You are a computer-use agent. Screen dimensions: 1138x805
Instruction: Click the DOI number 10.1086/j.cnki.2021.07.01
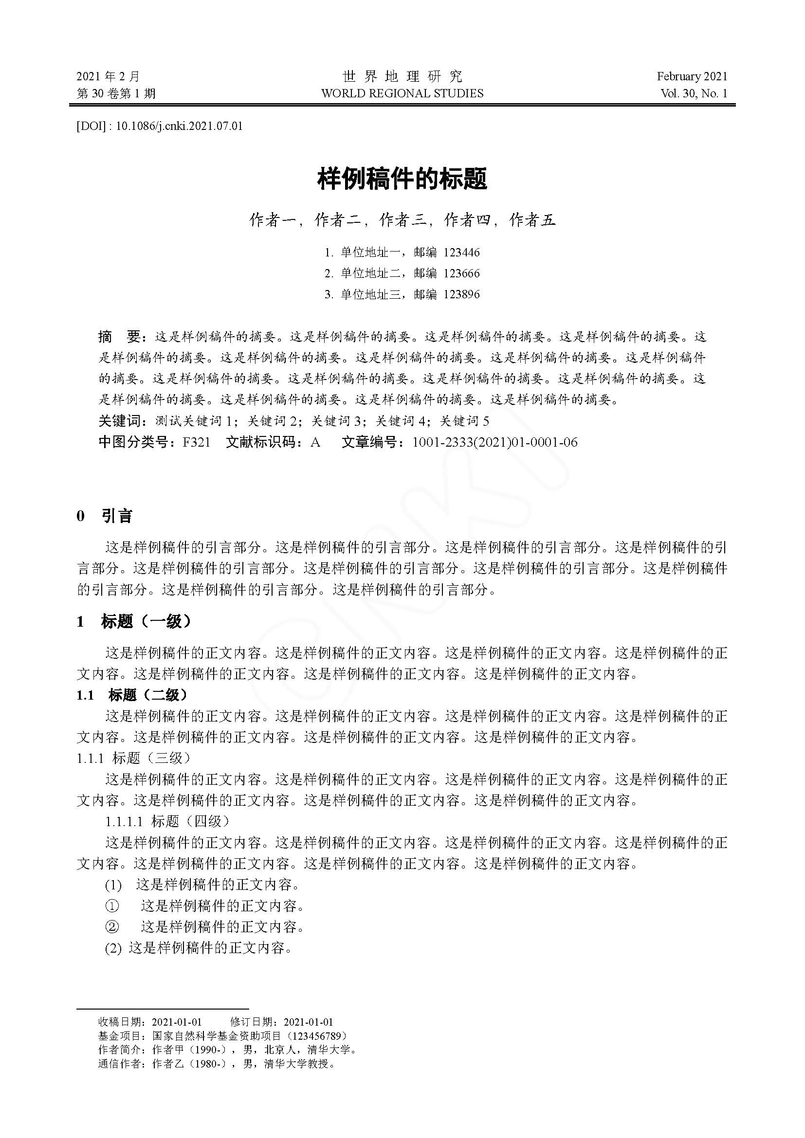tap(179, 126)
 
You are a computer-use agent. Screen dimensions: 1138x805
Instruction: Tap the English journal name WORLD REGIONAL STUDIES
tap(402, 93)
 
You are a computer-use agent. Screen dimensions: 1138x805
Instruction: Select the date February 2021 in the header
tap(692, 76)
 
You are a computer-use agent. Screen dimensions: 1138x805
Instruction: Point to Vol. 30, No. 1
tap(694, 93)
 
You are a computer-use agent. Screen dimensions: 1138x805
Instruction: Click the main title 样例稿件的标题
tap(402, 179)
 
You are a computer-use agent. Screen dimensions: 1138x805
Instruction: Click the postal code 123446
tap(461, 253)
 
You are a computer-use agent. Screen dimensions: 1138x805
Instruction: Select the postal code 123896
tap(461, 294)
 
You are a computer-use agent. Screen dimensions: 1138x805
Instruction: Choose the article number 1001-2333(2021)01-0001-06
tap(494, 442)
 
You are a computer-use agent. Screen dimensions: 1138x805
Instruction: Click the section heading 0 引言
tap(105, 516)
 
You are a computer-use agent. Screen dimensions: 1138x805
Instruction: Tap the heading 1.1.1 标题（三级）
tap(133, 758)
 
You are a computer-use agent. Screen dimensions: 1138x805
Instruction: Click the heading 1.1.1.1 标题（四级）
tap(167, 821)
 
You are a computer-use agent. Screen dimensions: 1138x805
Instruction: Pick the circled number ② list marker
tap(112, 926)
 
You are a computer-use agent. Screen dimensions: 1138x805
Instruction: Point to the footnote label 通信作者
tap(119, 1064)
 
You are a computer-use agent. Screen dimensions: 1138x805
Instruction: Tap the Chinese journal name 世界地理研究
tap(402, 76)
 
